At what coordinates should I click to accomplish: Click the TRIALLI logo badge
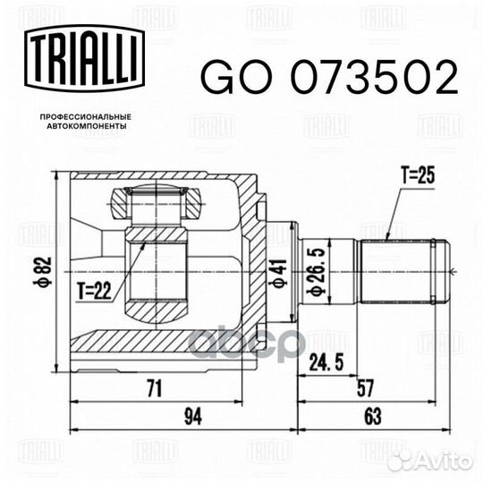84,58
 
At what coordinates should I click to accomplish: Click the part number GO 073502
329,77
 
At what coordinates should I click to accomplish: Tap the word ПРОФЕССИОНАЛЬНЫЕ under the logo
86,117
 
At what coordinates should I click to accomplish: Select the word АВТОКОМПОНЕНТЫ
86,126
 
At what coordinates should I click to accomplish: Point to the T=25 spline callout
418,175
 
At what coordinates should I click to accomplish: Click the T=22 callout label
94,290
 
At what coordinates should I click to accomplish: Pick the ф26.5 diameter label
318,271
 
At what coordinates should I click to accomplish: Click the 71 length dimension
154,388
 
